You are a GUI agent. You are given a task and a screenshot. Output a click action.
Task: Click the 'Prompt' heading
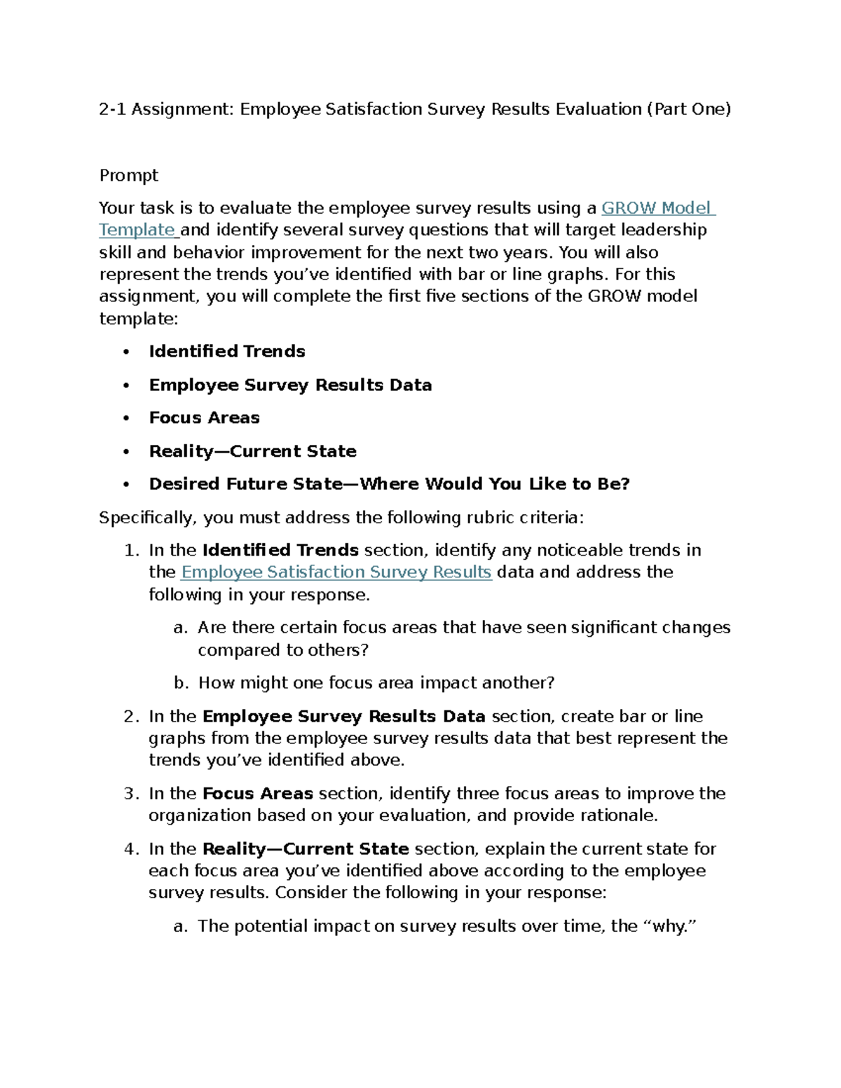128,175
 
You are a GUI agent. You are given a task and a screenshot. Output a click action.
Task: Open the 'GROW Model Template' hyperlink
657,208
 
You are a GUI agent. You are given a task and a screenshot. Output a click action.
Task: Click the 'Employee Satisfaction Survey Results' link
336,572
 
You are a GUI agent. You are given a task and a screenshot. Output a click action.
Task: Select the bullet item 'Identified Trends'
227,352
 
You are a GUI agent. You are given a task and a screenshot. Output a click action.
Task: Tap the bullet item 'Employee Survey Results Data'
290,385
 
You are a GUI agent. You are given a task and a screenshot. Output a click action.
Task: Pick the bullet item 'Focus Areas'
204,418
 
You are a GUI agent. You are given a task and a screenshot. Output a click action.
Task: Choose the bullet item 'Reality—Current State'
252,451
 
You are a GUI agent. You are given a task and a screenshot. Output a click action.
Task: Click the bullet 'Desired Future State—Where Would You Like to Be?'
389,484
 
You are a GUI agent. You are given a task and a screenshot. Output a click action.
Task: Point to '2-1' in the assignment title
112,109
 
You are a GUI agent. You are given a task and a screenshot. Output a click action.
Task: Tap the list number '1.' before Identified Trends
132,551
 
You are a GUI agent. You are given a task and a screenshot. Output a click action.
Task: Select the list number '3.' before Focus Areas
132,794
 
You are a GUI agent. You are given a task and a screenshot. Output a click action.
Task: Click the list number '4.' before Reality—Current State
132,849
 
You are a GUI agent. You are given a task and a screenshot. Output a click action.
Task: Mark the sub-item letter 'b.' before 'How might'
181,683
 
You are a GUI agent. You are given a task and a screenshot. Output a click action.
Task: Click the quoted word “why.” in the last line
670,926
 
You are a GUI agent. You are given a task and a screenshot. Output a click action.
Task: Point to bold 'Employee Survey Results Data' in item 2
343,717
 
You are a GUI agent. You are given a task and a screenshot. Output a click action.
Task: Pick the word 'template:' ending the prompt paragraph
139,319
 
